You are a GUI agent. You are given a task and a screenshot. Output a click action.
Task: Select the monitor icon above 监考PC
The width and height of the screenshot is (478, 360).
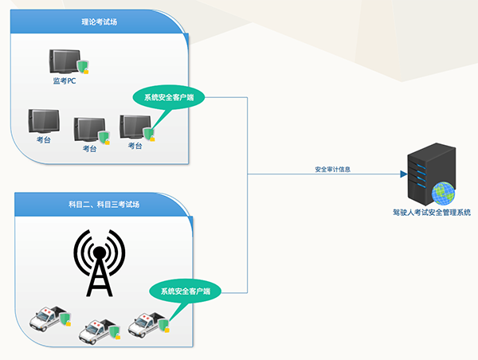64,61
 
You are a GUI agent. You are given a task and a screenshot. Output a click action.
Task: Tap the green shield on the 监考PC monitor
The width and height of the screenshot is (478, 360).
80,66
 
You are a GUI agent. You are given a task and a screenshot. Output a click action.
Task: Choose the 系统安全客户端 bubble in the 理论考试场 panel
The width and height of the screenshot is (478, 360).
169,98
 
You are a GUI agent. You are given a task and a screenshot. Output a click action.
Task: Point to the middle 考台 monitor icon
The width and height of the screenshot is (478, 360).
88,128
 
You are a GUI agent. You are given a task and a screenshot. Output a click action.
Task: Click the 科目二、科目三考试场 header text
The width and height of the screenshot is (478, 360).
104,205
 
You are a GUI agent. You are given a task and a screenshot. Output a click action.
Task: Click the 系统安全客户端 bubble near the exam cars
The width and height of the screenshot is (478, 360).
186,291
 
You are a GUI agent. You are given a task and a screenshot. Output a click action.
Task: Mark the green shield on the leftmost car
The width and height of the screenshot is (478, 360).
65,320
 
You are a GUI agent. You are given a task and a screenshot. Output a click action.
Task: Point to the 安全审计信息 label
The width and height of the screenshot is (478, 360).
333,169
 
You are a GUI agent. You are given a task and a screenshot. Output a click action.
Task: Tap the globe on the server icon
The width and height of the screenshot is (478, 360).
442,193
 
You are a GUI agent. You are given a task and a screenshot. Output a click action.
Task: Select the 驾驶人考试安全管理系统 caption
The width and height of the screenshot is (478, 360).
431,213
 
